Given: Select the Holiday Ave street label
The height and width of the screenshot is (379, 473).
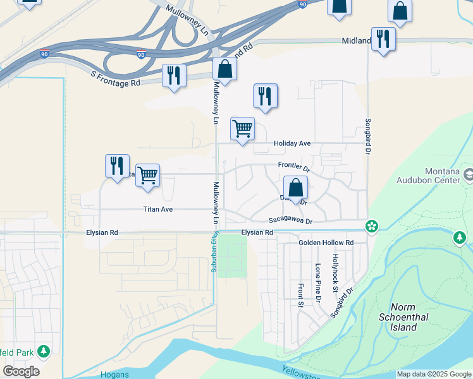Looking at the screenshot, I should coord(292,143).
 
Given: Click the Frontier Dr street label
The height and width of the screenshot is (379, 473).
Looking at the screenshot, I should coord(294,167).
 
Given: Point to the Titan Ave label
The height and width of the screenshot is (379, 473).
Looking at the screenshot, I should coord(157,209).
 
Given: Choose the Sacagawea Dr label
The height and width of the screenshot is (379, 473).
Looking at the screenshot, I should coord(290,221).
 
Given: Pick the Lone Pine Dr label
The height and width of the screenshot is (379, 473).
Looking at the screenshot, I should coord(318,282).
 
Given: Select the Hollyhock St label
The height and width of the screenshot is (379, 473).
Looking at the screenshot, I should coord(336,273).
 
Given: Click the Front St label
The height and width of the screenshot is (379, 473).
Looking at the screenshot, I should coord(300,295).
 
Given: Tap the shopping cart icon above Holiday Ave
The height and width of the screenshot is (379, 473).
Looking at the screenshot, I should coord(242,129).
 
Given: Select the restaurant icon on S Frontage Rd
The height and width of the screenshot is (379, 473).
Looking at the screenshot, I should coord(173,76).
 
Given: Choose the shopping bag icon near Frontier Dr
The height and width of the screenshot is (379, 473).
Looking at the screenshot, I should coord(295,187).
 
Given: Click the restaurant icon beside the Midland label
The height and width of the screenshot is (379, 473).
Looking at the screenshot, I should coord(383,39).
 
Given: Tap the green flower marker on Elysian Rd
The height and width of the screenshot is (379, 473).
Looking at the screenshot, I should coord(372,226).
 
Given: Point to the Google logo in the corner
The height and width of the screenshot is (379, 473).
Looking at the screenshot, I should coord(21,371).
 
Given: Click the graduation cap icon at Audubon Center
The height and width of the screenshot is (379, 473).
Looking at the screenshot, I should coord(469,173).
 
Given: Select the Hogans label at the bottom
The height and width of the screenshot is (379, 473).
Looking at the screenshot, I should coord(114,375).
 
